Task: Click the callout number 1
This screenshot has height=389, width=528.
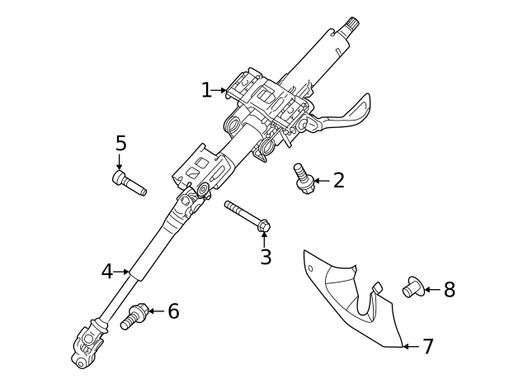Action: click(x=206, y=90)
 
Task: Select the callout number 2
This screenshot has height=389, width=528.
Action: click(x=339, y=180)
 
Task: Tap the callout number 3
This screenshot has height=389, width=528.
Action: click(x=266, y=257)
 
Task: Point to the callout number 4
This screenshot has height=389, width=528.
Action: click(x=107, y=272)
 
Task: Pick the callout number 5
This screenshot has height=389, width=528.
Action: click(x=121, y=143)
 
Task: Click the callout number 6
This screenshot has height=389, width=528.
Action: click(x=173, y=311)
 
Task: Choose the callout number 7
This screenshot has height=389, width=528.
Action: click(x=428, y=347)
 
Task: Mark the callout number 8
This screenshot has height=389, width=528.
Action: click(x=450, y=290)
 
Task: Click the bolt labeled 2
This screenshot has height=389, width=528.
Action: click(x=304, y=178)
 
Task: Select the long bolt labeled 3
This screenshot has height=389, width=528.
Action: click(x=247, y=216)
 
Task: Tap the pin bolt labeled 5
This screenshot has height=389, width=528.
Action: click(x=129, y=183)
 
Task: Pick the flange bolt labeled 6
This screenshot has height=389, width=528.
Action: click(x=134, y=316)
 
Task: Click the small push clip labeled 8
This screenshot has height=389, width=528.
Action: click(x=413, y=287)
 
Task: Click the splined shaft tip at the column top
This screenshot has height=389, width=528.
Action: click(x=353, y=24)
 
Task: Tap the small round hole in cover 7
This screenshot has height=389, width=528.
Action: click(x=310, y=268)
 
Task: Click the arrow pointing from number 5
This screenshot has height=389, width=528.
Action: click(x=119, y=162)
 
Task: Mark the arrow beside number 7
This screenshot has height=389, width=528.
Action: click(x=411, y=347)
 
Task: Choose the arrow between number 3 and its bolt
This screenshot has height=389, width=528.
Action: click(x=264, y=240)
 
